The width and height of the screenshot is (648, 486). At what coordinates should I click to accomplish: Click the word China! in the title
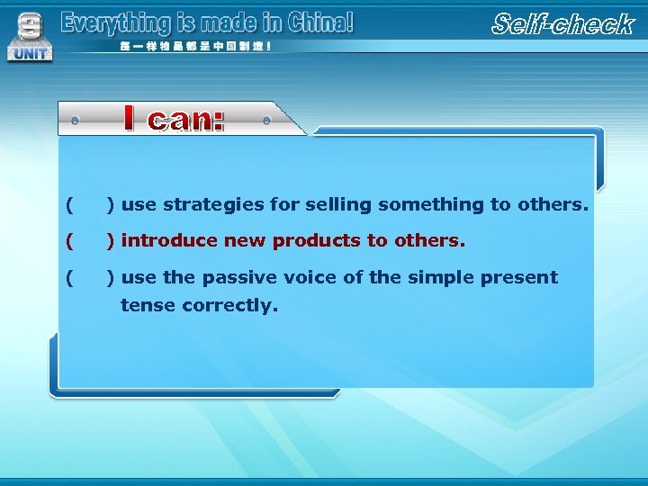tap(319, 22)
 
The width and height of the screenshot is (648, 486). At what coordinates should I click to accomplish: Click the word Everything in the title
tap(103, 23)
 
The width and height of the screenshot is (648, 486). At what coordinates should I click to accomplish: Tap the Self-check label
tap(563, 24)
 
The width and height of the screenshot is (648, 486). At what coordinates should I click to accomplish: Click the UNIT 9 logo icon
tap(30, 37)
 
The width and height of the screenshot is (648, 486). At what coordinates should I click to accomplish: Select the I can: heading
tap(174, 119)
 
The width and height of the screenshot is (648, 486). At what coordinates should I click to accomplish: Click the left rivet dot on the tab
tap(75, 120)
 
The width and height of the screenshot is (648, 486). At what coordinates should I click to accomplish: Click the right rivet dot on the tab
tap(267, 120)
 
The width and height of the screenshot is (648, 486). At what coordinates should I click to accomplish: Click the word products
tap(316, 241)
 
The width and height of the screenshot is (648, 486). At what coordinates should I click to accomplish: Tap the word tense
tap(148, 305)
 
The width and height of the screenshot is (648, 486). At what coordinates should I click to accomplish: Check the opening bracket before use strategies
tap(69, 205)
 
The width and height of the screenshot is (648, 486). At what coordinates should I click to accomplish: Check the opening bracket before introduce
tap(69, 241)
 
